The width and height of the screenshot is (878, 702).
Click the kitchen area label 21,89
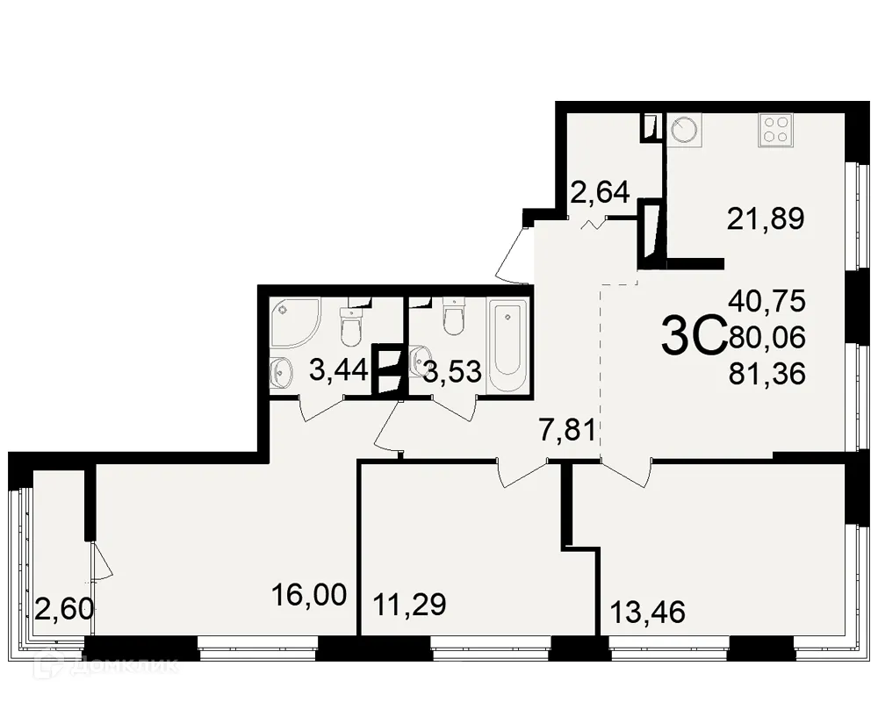click(x=766, y=218)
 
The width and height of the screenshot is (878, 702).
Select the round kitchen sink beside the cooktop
click(x=685, y=131)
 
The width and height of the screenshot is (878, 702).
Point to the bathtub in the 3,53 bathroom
click(x=508, y=346)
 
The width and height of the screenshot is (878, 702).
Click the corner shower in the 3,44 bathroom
click(x=292, y=322)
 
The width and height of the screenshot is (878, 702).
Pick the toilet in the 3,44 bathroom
click(x=350, y=326)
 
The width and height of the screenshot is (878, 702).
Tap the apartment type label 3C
click(x=692, y=337)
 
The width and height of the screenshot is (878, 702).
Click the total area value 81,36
click(x=766, y=375)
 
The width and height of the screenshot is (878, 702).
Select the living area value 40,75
click(x=766, y=301)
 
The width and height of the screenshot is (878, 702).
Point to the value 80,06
click(x=766, y=338)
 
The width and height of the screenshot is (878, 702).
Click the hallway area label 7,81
click(x=567, y=431)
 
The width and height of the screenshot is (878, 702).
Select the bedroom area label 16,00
click(x=310, y=597)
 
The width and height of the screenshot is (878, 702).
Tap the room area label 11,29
click(x=409, y=605)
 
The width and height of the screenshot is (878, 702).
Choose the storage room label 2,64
click(x=601, y=191)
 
